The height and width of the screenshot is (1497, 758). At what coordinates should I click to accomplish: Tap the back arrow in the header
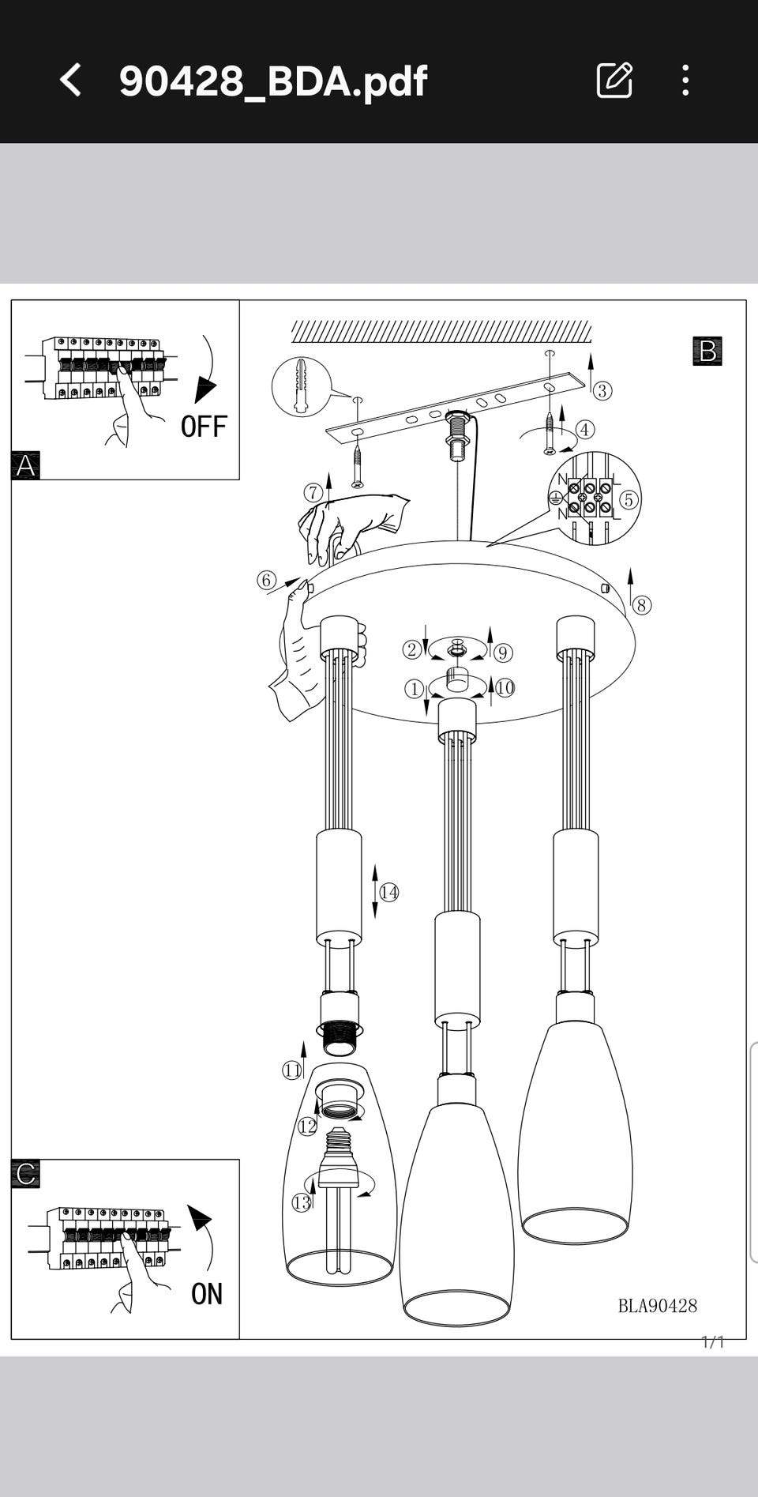coord(70,81)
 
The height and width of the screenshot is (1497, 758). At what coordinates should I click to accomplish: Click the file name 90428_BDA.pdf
coord(273,81)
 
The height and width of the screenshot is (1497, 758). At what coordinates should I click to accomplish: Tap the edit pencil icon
coord(614,80)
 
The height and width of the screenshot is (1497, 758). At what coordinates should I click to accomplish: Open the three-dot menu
coord(685,81)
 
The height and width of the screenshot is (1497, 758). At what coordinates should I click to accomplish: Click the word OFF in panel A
coord(204,427)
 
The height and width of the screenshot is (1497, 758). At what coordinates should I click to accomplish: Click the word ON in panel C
coord(207,1294)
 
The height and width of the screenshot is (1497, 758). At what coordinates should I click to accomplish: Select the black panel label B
coord(707,351)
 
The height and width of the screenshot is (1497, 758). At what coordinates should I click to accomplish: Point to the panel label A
coord(25,465)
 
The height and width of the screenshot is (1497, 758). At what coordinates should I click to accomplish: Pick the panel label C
coord(25,1174)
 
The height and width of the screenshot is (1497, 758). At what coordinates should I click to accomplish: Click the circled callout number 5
coord(629,499)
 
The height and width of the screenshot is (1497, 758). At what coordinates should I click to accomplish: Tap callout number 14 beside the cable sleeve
coord(389,893)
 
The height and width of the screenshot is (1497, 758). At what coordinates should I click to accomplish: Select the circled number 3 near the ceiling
coord(602,390)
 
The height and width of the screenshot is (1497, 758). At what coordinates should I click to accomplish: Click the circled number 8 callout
coord(642,605)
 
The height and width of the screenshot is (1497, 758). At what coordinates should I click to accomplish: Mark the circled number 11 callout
coord(292,1070)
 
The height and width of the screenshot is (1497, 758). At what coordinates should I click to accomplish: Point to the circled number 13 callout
coord(302,1203)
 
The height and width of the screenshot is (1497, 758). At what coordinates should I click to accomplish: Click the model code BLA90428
coord(658,1306)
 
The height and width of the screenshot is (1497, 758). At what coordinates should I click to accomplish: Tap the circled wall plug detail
coord(301,386)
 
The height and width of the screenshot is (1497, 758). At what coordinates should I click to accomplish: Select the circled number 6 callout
coord(266,581)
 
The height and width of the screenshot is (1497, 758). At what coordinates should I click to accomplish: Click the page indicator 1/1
coord(713,1342)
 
